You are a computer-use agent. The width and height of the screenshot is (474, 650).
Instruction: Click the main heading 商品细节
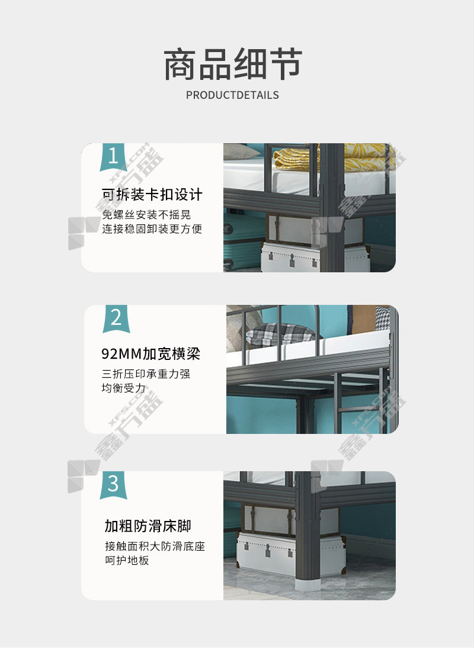[x=233, y=64]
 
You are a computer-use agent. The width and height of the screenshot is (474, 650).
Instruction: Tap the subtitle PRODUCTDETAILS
[x=232, y=95]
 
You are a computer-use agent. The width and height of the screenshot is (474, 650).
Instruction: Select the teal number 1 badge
[x=113, y=157]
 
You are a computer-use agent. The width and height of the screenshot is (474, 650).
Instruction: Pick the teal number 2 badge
[x=116, y=318]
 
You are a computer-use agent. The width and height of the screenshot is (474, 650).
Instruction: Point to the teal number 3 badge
[x=113, y=485]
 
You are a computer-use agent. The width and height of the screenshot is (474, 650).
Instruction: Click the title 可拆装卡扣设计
[x=152, y=194]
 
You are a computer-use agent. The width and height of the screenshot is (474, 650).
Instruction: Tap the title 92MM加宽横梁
[x=151, y=353]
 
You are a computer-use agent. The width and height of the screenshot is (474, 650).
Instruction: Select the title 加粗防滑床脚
[x=148, y=526]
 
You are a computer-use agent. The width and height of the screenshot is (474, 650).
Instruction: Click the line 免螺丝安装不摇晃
[x=146, y=215]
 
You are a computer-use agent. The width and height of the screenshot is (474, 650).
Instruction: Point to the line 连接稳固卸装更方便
[x=152, y=229]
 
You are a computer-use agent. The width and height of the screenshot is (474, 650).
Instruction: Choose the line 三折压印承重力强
[x=146, y=374]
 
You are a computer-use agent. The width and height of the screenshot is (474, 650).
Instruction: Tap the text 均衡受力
[x=124, y=388]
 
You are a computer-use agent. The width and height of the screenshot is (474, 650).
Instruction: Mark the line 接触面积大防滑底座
[x=155, y=546]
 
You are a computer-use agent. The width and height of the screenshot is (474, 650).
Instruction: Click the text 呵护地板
[x=127, y=561]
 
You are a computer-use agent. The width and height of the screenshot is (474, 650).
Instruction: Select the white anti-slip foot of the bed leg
[x=308, y=584]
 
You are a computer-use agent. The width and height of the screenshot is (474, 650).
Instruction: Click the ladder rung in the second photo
[x=360, y=408]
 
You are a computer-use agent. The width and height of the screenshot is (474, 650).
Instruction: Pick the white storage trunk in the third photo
[x=290, y=554]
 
